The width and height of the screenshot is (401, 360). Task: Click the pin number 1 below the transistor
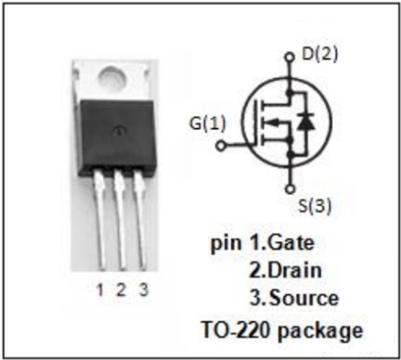pyautogui.click(x=100, y=290)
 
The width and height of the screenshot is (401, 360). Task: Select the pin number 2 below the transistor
pyautogui.click(x=121, y=290)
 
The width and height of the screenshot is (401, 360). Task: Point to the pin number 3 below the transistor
pyautogui.click(x=143, y=290)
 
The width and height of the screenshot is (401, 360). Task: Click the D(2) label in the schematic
pyautogui.click(x=320, y=54)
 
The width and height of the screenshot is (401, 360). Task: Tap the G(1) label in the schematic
pyautogui.click(x=208, y=123)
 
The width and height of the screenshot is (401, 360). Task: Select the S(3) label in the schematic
pyautogui.click(x=315, y=206)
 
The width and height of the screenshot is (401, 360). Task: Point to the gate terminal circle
pyautogui.click(x=221, y=146)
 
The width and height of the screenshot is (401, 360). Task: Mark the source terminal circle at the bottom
pyautogui.click(x=290, y=189)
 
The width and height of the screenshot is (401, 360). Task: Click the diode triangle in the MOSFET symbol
pyautogui.click(x=307, y=122)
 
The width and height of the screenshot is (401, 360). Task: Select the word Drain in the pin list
pyautogui.click(x=295, y=270)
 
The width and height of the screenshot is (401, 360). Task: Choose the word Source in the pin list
pyautogui.click(x=304, y=298)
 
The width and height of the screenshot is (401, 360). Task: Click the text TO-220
pyautogui.click(x=236, y=329)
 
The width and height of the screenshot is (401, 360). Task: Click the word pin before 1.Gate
pyautogui.click(x=226, y=244)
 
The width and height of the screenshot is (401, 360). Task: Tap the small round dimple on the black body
pyautogui.click(x=118, y=131)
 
